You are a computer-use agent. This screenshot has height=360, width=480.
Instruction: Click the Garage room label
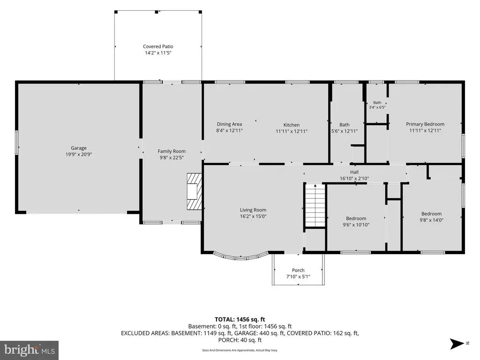79,148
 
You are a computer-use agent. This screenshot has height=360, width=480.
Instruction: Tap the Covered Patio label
158,46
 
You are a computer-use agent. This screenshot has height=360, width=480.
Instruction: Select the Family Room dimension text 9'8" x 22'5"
172,157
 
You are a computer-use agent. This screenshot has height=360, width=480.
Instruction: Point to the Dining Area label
229,124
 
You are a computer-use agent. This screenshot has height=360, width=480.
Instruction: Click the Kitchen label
292,125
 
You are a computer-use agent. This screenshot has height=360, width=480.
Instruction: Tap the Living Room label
253,210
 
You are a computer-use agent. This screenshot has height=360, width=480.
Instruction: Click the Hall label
354,172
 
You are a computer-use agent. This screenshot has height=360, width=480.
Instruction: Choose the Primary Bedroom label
425,124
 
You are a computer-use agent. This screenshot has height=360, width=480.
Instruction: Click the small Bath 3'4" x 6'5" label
377,105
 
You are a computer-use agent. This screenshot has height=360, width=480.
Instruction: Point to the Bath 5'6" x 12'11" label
345,127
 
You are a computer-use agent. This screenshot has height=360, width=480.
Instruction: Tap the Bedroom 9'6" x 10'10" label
356,221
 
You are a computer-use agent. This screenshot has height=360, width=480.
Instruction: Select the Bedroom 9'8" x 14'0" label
431,217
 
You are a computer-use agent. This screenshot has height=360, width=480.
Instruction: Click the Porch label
298,270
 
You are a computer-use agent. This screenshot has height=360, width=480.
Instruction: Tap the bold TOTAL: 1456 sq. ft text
240,320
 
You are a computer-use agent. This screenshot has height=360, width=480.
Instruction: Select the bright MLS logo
30,350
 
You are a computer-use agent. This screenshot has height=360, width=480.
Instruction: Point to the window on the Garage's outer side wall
17,142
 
